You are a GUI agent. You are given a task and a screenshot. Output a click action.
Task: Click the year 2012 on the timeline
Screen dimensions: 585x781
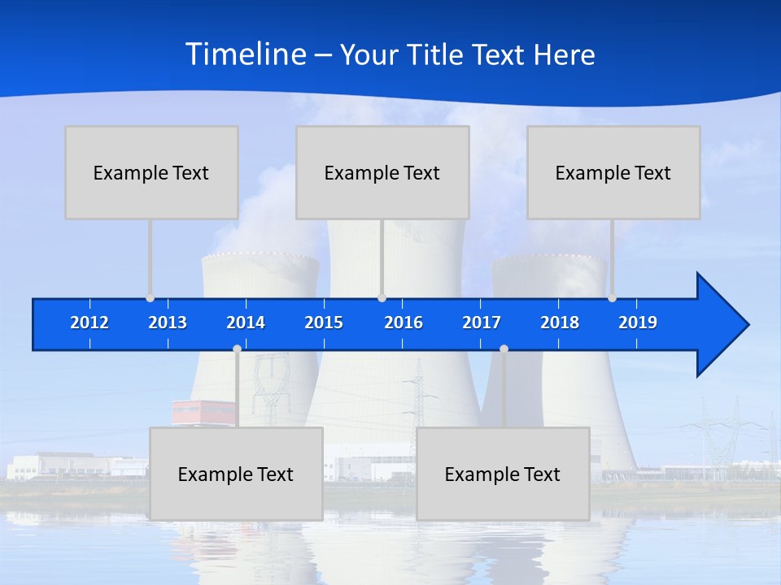click(89, 323)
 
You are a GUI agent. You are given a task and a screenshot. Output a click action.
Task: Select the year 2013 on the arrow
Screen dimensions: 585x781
click(168, 323)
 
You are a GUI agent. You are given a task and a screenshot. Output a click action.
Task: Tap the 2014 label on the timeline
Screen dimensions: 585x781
click(246, 323)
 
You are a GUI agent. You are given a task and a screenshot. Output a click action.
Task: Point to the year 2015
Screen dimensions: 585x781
click(324, 323)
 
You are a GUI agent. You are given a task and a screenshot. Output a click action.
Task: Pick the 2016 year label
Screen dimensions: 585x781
click(404, 323)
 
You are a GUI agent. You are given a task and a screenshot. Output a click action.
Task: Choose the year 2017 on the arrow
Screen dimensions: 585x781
click(482, 323)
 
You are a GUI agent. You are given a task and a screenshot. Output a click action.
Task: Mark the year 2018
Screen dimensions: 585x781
click(560, 323)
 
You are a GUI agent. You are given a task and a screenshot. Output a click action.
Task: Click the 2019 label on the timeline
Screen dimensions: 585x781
click(638, 323)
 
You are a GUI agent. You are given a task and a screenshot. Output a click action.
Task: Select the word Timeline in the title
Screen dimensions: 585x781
click(245, 54)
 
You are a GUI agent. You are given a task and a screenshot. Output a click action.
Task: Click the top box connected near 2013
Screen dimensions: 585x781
click(151, 172)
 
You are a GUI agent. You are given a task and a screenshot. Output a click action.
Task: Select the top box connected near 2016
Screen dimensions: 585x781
click(382, 172)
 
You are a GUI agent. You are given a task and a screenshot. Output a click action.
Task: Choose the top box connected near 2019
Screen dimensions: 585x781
click(613, 172)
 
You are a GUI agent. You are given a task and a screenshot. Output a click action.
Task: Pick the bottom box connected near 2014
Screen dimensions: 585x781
click(236, 474)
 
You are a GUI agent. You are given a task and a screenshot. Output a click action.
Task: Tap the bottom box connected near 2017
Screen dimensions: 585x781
click(503, 474)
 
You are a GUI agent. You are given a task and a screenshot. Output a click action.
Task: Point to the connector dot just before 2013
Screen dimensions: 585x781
click(151, 298)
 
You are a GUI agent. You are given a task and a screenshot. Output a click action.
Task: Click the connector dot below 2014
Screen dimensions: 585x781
click(237, 349)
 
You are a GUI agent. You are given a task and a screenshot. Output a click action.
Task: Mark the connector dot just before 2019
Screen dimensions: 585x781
click(613, 298)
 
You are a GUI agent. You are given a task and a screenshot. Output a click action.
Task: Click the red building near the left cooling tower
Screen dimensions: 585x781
click(203, 412)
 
